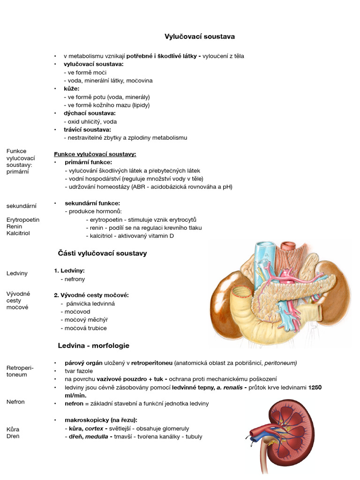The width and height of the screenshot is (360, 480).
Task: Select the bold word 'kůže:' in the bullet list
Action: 72,89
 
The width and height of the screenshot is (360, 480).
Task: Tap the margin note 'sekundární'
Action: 22,206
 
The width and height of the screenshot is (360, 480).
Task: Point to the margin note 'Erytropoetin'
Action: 23,219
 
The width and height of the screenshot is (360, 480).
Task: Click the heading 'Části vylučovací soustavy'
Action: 102,253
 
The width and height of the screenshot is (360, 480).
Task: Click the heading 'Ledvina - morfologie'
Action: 94,345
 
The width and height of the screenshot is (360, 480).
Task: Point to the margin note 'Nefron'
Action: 15,402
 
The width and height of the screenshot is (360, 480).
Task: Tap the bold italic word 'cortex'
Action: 94,428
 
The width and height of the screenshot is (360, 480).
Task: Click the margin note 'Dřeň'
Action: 13,437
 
